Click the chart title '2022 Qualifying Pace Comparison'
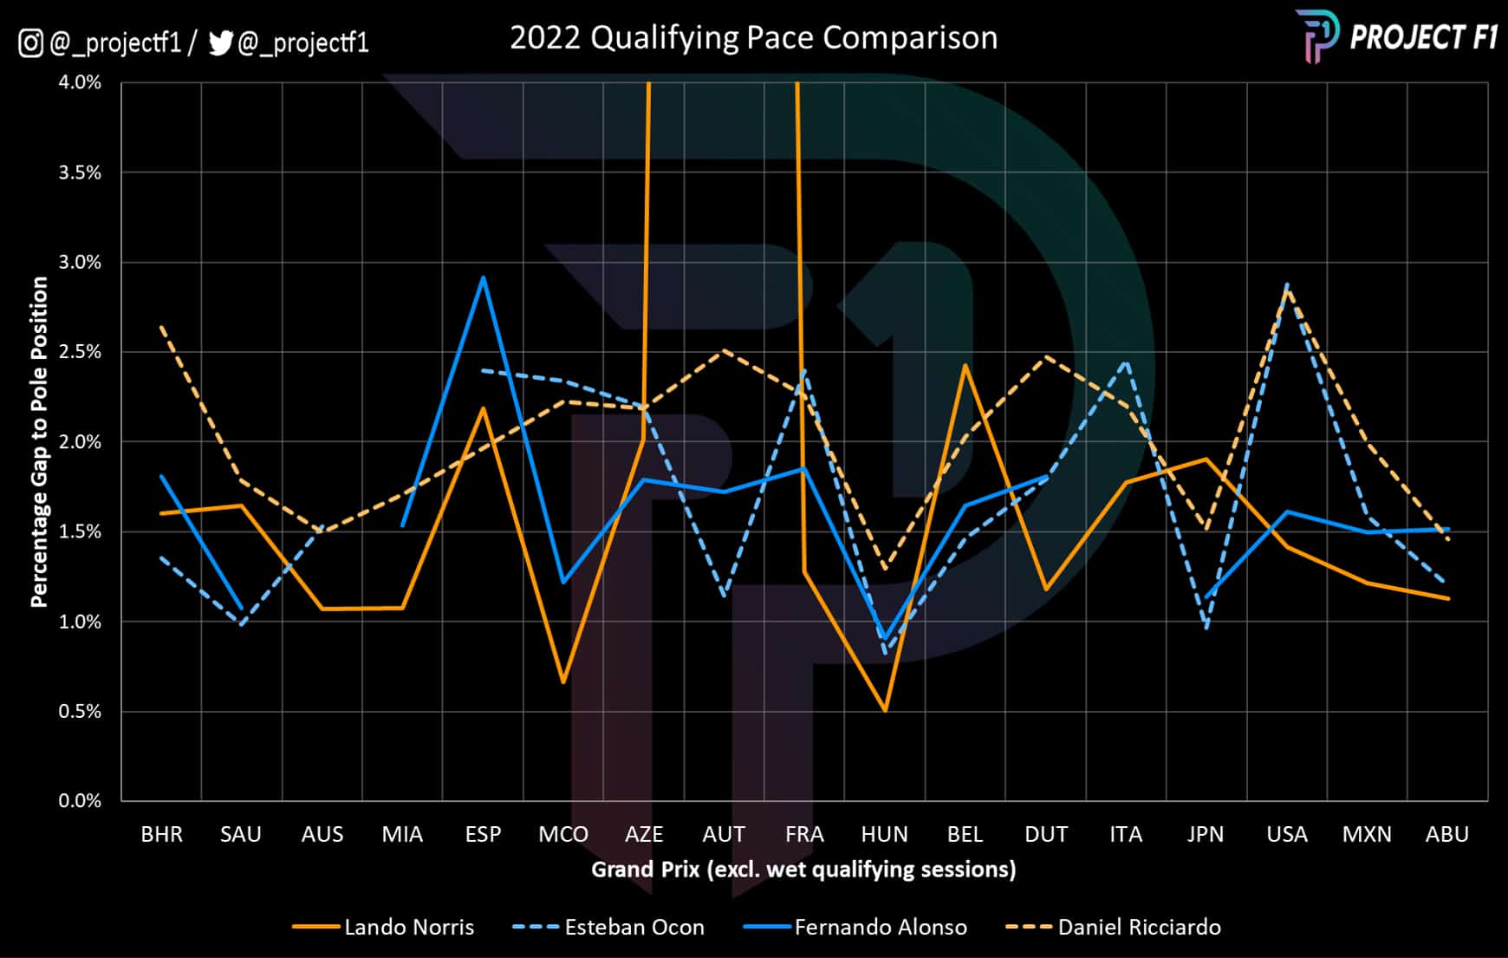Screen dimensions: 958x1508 [x=753, y=38]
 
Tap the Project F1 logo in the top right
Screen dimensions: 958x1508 [x=1396, y=36]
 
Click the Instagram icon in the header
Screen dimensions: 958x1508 [x=30, y=42]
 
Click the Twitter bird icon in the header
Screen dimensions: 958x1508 [x=221, y=42]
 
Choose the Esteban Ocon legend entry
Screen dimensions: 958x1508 [x=608, y=927]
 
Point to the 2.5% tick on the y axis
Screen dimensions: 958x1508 [x=80, y=352]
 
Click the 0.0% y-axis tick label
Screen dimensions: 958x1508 [x=80, y=801]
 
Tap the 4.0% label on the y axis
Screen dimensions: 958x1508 [x=80, y=82]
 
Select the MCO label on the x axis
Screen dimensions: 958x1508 [x=563, y=834]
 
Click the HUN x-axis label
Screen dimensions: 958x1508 [x=884, y=834]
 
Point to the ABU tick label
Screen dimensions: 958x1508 [x=1446, y=834]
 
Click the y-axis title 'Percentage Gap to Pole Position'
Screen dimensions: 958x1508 [x=39, y=442]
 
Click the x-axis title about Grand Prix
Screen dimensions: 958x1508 [x=803, y=869]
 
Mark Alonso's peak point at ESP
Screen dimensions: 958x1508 [x=483, y=277]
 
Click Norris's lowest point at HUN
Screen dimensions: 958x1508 [x=885, y=711]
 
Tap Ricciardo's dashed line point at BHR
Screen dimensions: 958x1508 [x=161, y=327]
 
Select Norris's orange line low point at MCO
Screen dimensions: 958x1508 [x=563, y=682]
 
